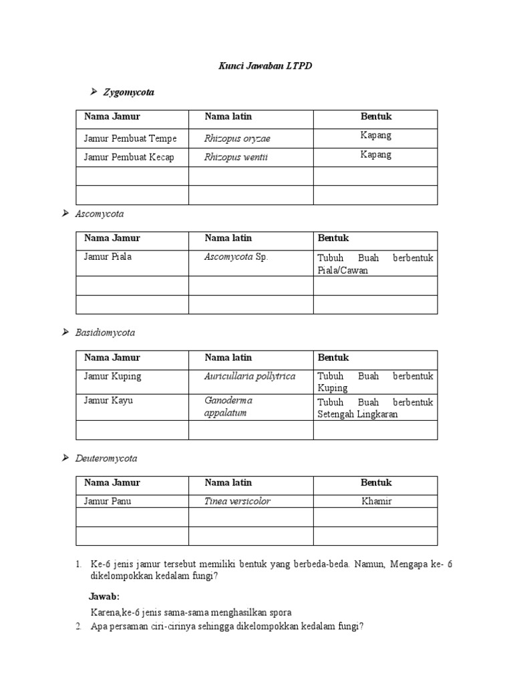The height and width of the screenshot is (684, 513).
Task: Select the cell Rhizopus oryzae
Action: tap(237, 138)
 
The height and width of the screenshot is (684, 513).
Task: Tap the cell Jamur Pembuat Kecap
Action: tap(129, 157)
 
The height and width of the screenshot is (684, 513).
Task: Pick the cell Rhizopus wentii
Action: tap(236, 158)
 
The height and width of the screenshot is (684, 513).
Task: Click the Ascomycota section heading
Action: tap(100, 214)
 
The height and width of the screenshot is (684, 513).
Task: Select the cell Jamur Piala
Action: tap(108, 256)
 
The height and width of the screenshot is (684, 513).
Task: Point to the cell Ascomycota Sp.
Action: tap(237, 256)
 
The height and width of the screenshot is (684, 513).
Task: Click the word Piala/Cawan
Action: tap(343, 270)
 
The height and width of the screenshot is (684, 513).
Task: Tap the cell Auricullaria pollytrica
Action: tap(250, 376)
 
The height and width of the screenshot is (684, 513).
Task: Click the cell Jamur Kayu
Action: tap(106, 401)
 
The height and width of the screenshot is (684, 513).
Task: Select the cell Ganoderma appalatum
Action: tap(228, 407)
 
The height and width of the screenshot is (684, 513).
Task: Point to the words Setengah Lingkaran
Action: tap(357, 414)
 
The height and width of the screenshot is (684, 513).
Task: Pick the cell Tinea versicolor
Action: tap(237, 501)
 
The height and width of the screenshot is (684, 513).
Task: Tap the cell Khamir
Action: tap(376, 501)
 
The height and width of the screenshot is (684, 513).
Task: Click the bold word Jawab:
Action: tap(105, 596)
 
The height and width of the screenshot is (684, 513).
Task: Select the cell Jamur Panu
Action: tap(108, 501)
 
